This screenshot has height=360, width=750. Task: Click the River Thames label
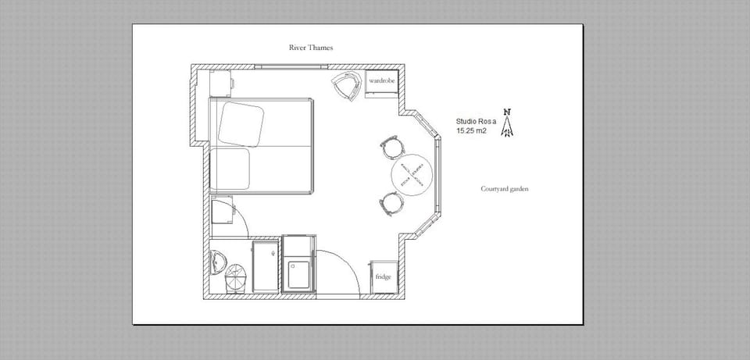311,48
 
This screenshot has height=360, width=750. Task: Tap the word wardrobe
382,80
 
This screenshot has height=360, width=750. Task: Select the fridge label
383,276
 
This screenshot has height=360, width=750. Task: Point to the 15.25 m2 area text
471,131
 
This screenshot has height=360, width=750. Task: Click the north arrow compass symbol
508,123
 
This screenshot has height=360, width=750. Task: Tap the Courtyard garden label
505,189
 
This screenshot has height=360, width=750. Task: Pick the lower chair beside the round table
391,203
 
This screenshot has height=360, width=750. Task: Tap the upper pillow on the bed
241,123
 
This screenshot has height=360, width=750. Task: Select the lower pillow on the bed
230,169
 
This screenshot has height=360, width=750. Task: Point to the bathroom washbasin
218,260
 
